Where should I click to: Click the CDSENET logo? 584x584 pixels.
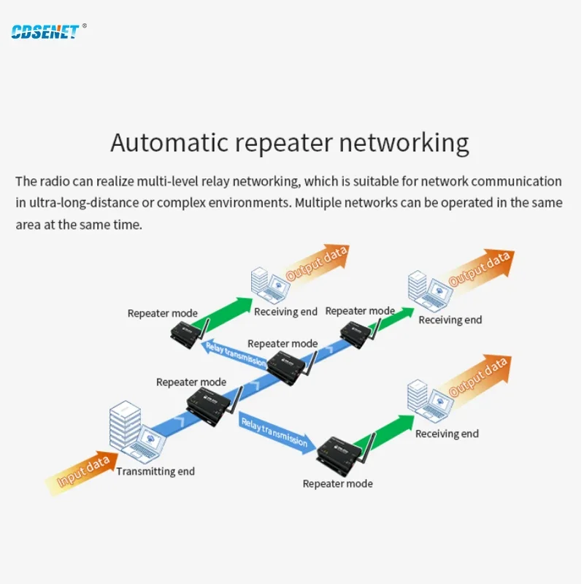45,31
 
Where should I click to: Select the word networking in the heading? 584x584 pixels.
404,143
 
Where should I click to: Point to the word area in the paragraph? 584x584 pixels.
28,224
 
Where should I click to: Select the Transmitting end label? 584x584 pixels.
155,472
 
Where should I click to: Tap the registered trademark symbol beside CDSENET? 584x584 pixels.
85,26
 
